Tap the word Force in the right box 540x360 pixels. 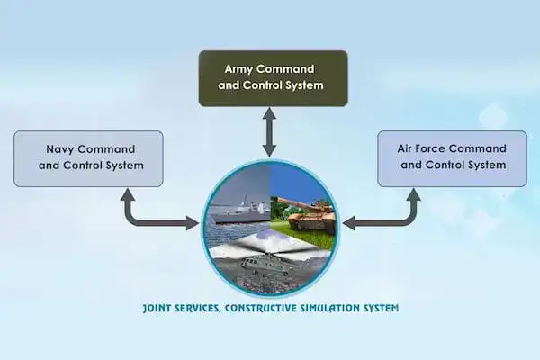(429, 148)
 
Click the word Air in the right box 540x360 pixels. (405, 148)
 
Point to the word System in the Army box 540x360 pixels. (305, 85)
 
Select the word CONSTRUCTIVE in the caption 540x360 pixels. (260, 308)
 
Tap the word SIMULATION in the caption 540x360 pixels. (330, 308)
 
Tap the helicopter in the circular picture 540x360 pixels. (265, 265)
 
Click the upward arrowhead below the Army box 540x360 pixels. (269, 113)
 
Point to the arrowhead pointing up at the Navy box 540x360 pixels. (128, 194)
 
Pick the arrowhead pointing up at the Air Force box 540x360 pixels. (414, 194)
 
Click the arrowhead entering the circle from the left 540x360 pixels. (193, 223)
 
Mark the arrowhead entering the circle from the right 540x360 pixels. (349, 223)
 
